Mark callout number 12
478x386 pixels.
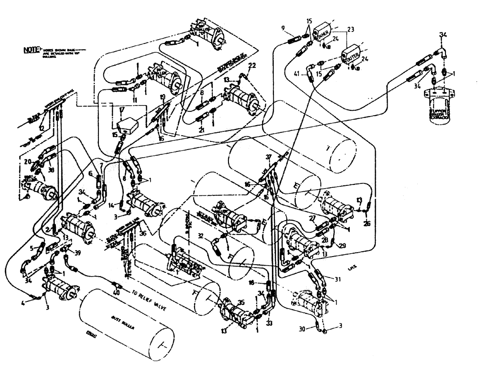42,128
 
